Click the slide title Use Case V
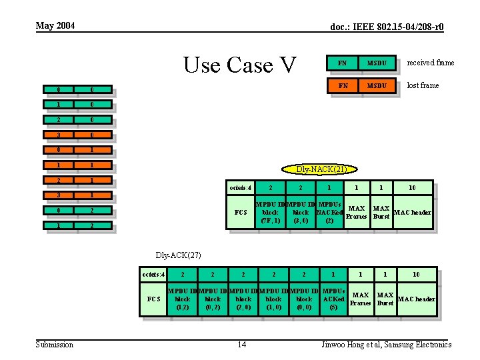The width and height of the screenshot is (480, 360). pyautogui.click(x=239, y=65)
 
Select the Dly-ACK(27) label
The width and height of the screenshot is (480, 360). pyautogui.click(x=178, y=255)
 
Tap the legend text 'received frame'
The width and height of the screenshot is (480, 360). pyautogui.click(x=431, y=63)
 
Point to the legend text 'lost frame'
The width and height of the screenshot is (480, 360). pyautogui.click(x=423, y=85)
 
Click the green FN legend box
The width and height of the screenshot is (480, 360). pyautogui.click(x=342, y=63)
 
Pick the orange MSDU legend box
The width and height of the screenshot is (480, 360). pyautogui.click(x=377, y=85)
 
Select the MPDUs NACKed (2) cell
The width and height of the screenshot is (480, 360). pyautogui.click(x=329, y=212)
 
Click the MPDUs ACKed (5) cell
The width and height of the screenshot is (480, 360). pyautogui.click(x=333, y=299)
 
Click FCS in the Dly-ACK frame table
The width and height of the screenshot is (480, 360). pyautogui.click(x=153, y=299)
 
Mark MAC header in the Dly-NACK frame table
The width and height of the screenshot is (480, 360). pyautogui.click(x=412, y=213)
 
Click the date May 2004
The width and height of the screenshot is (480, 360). pyautogui.click(x=55, y=26)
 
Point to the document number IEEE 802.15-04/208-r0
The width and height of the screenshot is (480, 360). pyautogui.click(x=387, y=27)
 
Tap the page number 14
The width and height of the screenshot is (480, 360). pyautogui.click(x=242, y=345)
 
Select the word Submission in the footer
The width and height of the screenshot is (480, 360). pyautogui.click(x=55, y=345)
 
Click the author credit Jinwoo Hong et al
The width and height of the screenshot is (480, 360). pyautogui.click(x=386, y=345)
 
